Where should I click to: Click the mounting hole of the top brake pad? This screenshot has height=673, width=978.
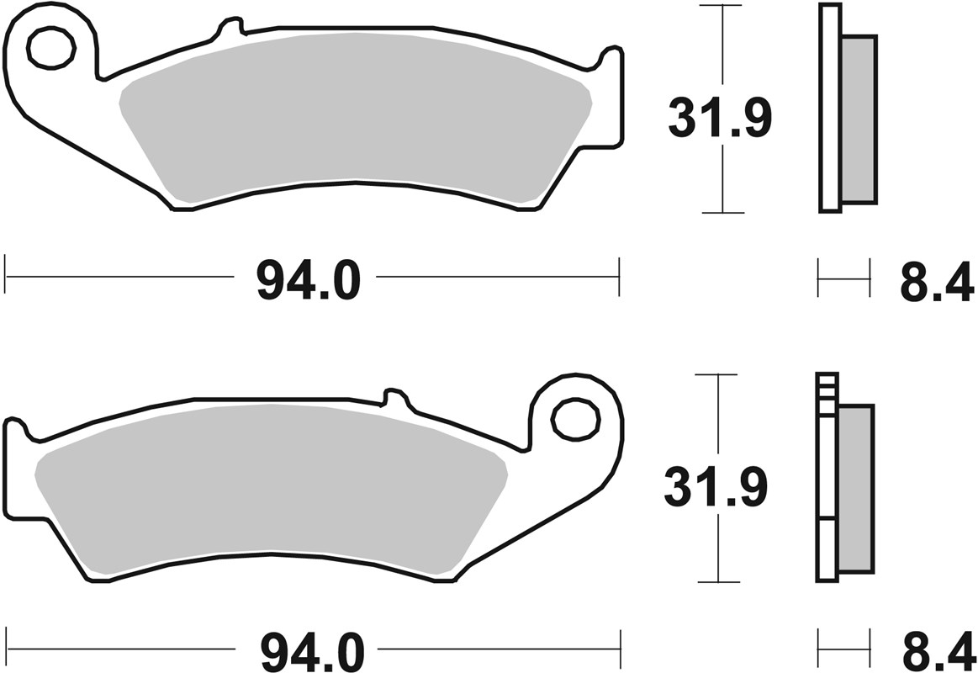(x=50, y=47)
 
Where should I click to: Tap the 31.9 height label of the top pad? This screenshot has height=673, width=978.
(x=719, y=118)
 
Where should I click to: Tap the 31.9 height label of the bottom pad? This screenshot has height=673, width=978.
(x=716, y=488)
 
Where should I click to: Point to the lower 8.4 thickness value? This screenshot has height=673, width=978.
(x=936, y=651)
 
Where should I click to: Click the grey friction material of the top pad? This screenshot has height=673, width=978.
(x=353, y=118)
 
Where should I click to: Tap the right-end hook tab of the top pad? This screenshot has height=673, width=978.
(x=611, y=61)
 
